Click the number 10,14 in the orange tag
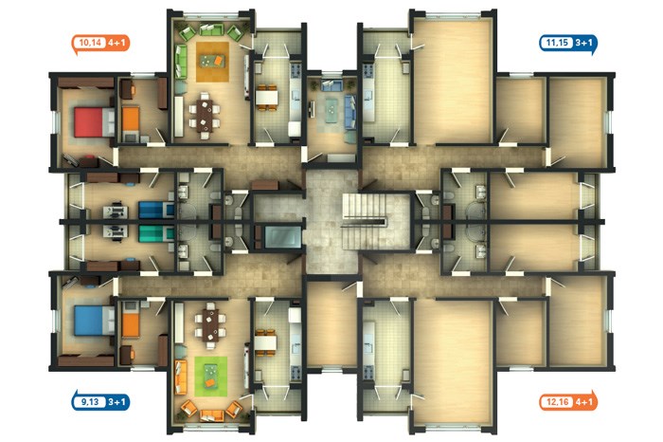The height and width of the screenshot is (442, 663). [90, 43]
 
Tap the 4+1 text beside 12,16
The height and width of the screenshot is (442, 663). [584, 402]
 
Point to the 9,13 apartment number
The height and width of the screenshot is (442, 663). [90, 402]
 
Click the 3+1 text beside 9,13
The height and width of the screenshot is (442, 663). [116, 402]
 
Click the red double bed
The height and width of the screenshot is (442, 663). [94, 122]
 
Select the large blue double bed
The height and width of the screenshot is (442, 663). [94, 321]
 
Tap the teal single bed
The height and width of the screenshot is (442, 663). [156, 233]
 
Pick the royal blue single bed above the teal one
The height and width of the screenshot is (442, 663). [156, 210]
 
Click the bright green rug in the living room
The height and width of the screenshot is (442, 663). [210, 377]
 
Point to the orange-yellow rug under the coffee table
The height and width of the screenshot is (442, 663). [212, 62]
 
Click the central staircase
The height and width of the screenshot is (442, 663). [364, 221]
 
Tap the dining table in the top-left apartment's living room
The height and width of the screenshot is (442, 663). [205, 115]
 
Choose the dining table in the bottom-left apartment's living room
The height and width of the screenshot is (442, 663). [210, 325]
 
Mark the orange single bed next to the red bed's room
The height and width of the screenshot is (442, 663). [131, 119]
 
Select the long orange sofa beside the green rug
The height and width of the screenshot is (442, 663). [181, 378]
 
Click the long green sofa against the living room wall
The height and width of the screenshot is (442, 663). [181, 63]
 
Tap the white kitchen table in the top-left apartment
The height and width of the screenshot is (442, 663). [266, 98]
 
